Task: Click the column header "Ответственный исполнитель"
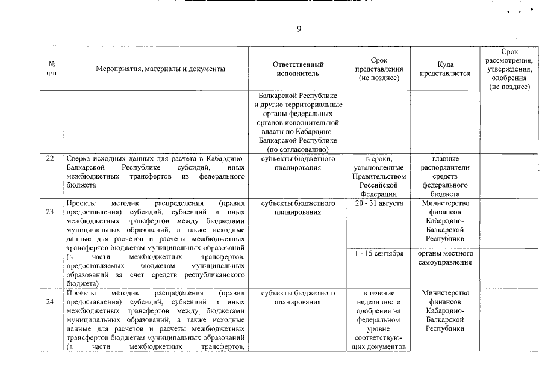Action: click(x=298, y=69)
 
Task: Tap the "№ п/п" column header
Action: click(x=51, y=69)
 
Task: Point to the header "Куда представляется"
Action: click(x=445, y=69)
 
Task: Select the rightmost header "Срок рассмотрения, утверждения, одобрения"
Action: click(x=509, y=69)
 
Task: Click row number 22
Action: click(x=51, y=159)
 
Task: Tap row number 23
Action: click(x=51, y=211)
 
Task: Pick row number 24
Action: click(x=51, y=301)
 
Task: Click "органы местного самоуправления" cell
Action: click(x=445, y=258)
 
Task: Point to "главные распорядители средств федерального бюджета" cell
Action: click(x=445, y=176)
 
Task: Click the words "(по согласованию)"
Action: click(x=297, y=149)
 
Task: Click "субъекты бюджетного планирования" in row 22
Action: click(x=298, y=163)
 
